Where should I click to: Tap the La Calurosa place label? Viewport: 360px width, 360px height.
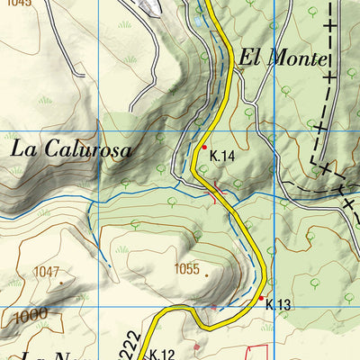71,149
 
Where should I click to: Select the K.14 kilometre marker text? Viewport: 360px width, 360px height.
222,156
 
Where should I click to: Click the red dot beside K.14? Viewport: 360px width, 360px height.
204,147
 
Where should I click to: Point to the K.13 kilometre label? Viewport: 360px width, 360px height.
278,306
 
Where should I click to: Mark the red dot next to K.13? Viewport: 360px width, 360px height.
261,298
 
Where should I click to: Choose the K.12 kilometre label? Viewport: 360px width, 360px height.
161,354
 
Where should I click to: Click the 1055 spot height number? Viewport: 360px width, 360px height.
186,268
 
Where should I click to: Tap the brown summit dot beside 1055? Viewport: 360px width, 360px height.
206,275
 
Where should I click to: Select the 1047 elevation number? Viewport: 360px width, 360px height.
46,272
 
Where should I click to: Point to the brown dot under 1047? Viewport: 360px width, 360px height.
61,282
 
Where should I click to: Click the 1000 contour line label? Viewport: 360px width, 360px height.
31,315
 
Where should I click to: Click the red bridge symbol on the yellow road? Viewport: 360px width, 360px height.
215,193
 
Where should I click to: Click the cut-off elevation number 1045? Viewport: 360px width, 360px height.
17,4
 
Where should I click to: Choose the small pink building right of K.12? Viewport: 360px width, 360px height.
196,346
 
